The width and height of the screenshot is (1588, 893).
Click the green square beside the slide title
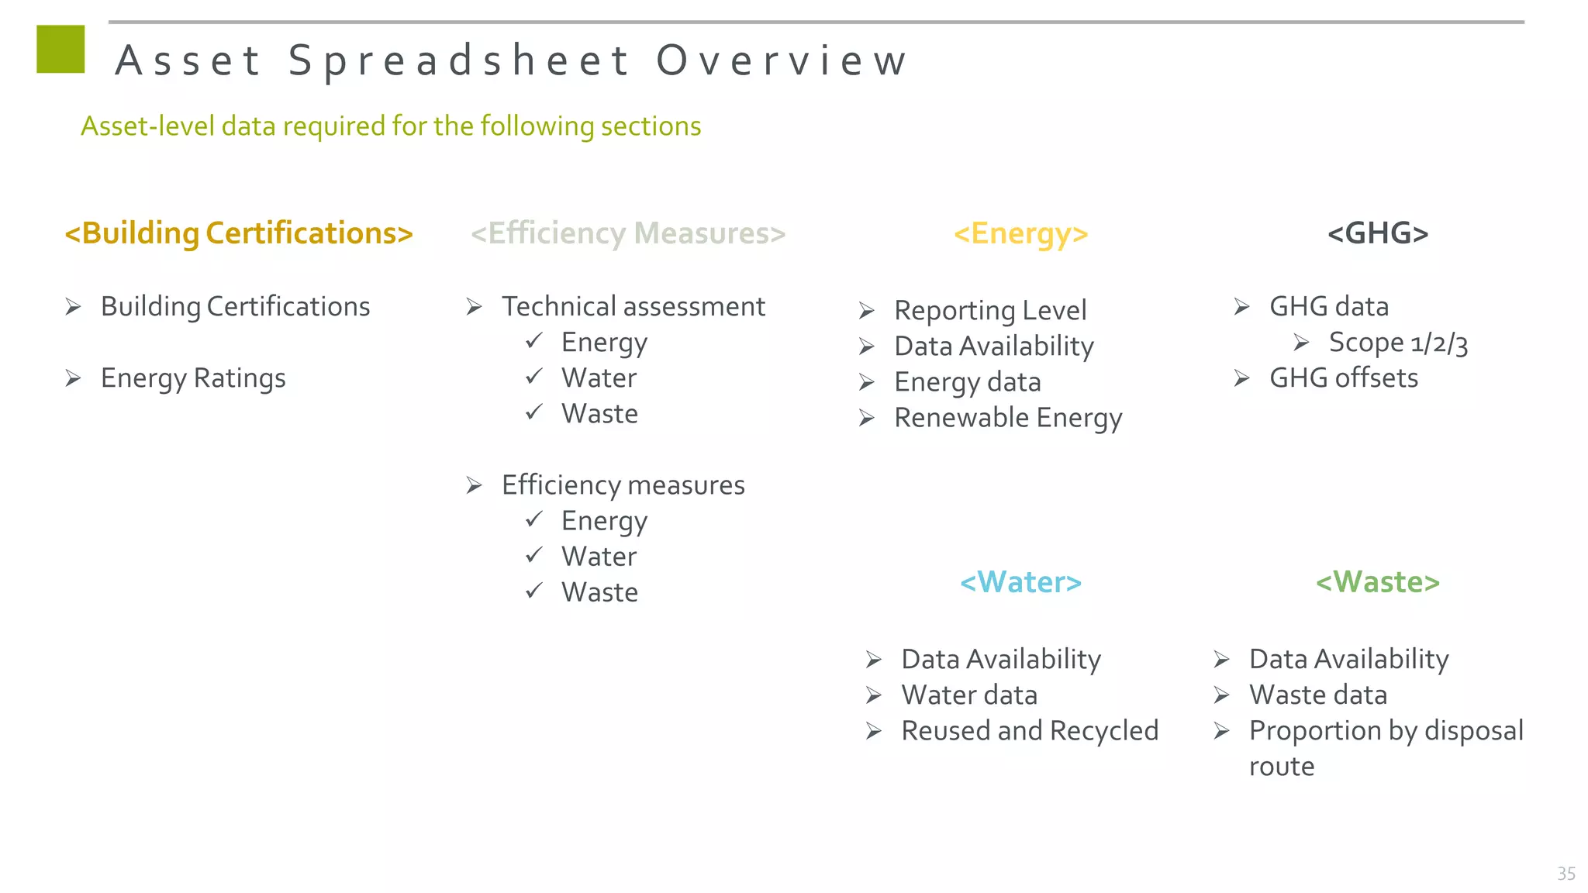point(60,50)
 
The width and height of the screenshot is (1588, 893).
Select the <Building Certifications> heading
point(239,233)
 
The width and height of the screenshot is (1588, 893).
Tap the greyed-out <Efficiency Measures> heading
point(628,233)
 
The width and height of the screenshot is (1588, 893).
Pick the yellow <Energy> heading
point(1020,233)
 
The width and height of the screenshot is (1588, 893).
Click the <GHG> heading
point(1378,233)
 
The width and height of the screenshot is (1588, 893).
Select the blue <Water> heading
point(1020,582)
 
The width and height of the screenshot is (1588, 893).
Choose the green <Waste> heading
point(1378,582)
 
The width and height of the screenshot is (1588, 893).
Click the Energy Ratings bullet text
point(193,378)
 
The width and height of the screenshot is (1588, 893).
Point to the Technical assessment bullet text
point(633,307)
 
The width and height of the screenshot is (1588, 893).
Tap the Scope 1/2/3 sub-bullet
point(1398,343)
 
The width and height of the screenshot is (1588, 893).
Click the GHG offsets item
point(1343,378)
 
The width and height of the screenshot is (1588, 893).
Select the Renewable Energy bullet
point(1008,418)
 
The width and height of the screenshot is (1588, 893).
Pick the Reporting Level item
point(990,311)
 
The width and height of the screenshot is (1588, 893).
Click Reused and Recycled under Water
point(1029,731)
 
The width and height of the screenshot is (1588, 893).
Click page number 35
point(1566,874)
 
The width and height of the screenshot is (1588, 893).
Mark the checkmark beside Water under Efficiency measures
point(534,555)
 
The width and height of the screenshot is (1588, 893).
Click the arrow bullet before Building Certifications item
point(74,308)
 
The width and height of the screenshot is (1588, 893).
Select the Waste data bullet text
point(1317,695)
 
